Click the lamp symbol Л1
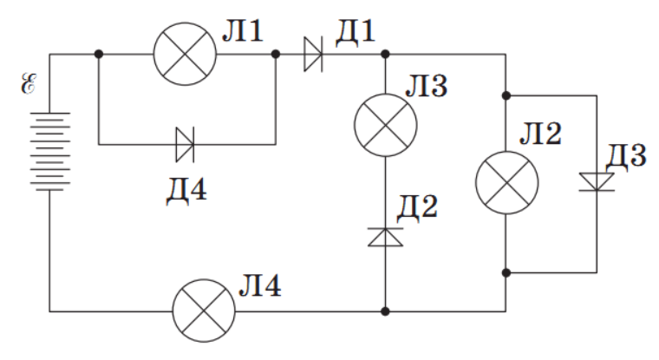[x=184, y=54]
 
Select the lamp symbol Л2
[x=506, y=183]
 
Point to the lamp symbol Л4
[x=204, y=311]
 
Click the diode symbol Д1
[x=314, y=54]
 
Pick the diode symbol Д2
[x=385, y=236]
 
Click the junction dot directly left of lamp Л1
[x=100, y=54]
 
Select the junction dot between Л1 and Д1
[x=276, y=54]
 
